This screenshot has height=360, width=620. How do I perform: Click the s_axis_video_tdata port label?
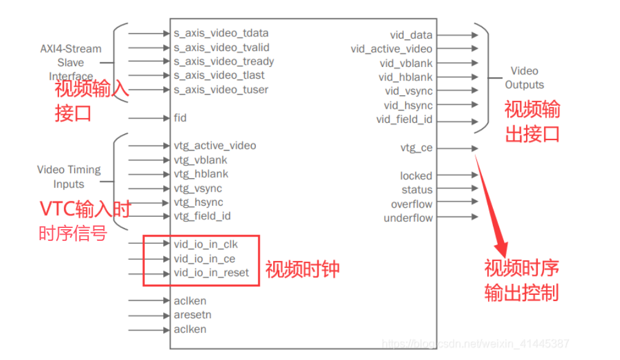[x=221, y=33]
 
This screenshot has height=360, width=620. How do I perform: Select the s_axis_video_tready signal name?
[x=223, y=61]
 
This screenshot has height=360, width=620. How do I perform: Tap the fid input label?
[x=180, y=117]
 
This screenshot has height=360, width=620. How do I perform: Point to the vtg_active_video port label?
[x=215, y=146]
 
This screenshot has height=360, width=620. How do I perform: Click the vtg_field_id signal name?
[x=202, y=216]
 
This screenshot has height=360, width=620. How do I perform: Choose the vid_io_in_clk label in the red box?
[x=206, y=245]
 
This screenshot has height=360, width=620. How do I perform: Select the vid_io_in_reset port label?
[x=211, y=273]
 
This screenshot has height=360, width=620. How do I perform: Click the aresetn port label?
[x=193, y=315]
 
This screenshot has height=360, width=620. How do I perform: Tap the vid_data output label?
[x=411, y=35]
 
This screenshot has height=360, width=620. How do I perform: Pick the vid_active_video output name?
[x=392, y=49]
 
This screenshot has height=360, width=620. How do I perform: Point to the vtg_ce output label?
[x=416, y=147]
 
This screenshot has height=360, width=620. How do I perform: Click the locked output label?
[x=416, y=176]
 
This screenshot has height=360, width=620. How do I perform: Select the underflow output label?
[x=408, y=218]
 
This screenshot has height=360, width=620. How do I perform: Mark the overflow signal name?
[x=411, y=204]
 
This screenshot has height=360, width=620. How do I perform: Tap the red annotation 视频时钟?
[x=302, y=269]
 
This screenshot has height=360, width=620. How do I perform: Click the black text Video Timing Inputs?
[x=69, y=177]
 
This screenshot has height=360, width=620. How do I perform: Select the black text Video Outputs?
[x=524, y=78]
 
